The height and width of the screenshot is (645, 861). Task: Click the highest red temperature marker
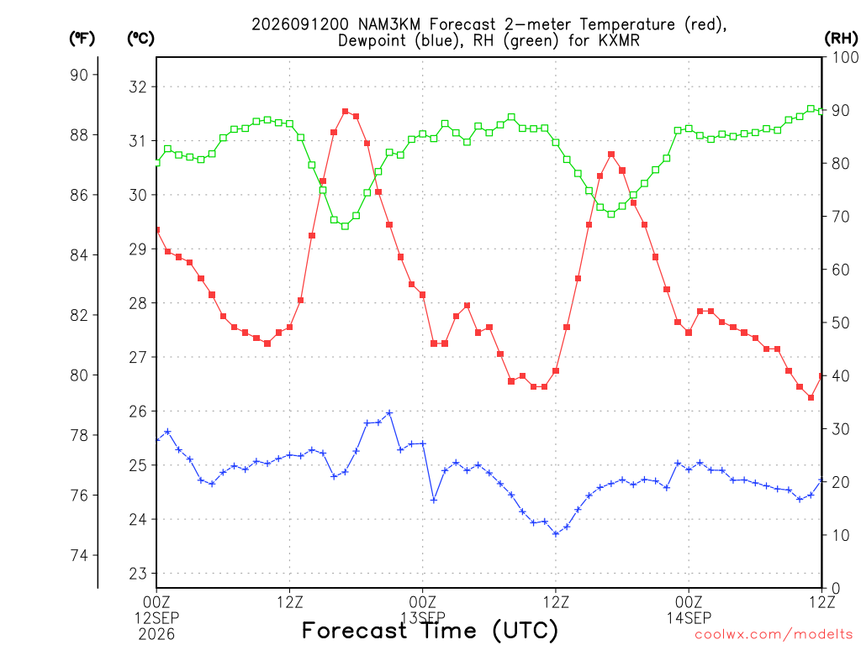point(346,112)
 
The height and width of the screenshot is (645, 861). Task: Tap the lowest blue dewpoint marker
point(556,533)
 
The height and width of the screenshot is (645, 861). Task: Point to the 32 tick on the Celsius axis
point(139,87)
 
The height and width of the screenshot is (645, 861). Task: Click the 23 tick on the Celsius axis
point(139,574)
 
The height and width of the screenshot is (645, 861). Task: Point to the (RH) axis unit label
point(841,38)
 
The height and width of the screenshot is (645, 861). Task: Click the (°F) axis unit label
point(82,39)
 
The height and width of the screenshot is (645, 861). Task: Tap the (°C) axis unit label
point(140,39)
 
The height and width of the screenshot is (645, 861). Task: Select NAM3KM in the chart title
point(390,24)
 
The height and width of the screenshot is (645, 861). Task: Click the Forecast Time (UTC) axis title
point(430,631)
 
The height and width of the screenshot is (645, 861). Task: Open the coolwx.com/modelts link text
point(777,635)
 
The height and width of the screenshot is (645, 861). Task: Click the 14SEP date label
point(689,618)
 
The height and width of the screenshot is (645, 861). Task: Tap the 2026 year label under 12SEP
point(156,635)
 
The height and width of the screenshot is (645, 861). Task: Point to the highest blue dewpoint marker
point(389,412)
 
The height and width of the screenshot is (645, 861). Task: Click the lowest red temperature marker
point(811,397)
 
